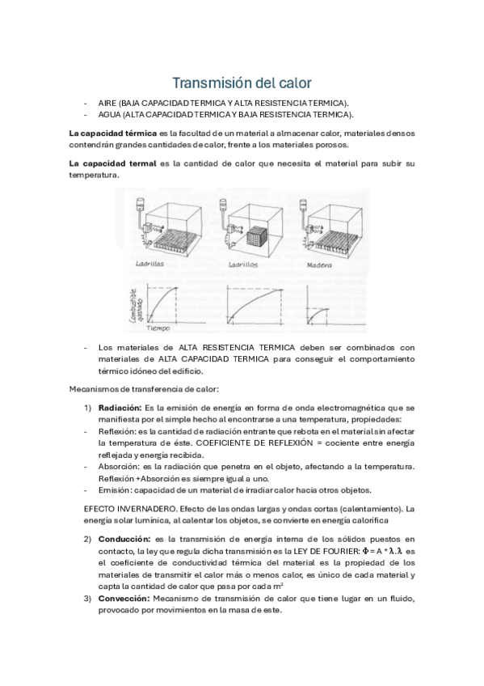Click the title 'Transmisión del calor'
pyautogui.click(x=242, y=83)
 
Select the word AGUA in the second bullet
pyautogui.click(x=109, y=115)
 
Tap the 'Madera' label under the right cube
pyautogui.click(x=321, y=265)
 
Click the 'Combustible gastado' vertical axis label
pyautogui.click(x=135, y=305)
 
